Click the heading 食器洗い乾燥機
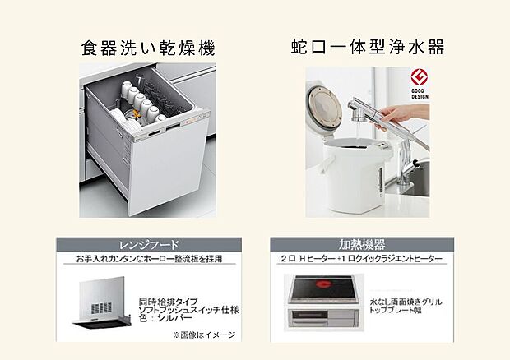[147, 48]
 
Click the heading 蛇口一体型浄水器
[368, 48]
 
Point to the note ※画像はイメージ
[203, 335]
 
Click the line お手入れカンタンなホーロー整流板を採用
[149, 259]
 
